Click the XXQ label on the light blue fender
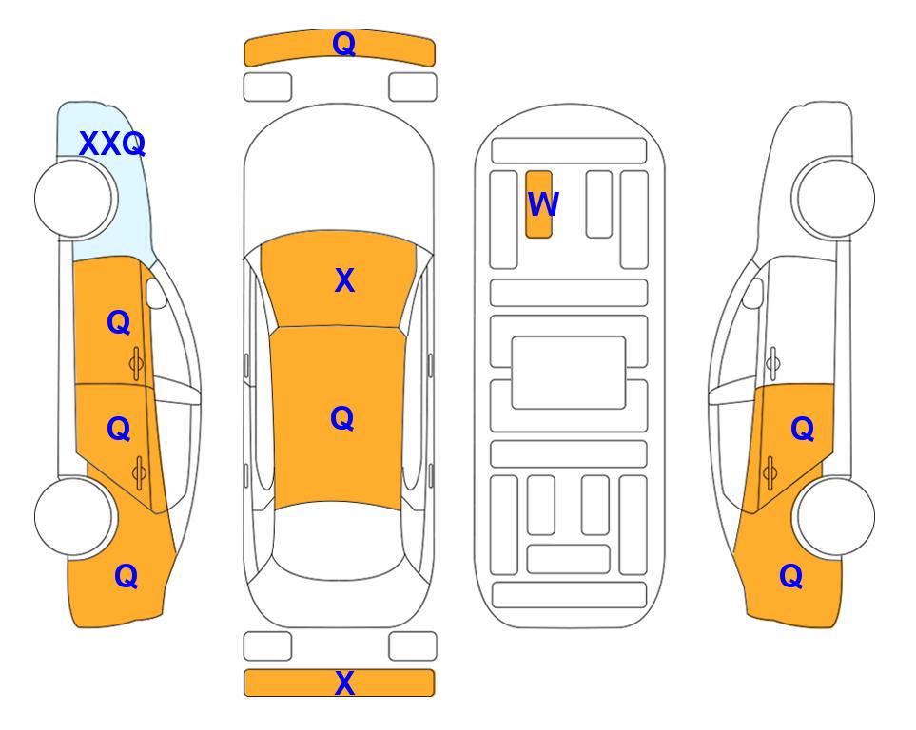(x=112, y=144)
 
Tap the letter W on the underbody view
(x=543, y=203)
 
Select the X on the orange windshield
(x=344, y=280)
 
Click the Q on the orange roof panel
(x=342, y=418)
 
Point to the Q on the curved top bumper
(x=344, y=43)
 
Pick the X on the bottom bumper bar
(x=344, y=682)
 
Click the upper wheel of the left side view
(x=73, y=199)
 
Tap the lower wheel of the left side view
(x=73, y=516)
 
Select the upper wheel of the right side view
(x=836, y=199)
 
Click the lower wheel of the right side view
(x=836, y=516)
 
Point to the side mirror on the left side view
(x=155, y=293)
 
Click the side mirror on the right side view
(x=753, y=293)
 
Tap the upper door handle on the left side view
(x=137, y=363)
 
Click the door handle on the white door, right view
(x=773, y=363)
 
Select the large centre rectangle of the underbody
(x=569, y=373)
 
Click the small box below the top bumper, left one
(x=267, y=87)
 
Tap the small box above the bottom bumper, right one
(x=413, y=646)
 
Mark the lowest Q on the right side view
(x=791, y=576)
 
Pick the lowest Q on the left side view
(x=127, y=576)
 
